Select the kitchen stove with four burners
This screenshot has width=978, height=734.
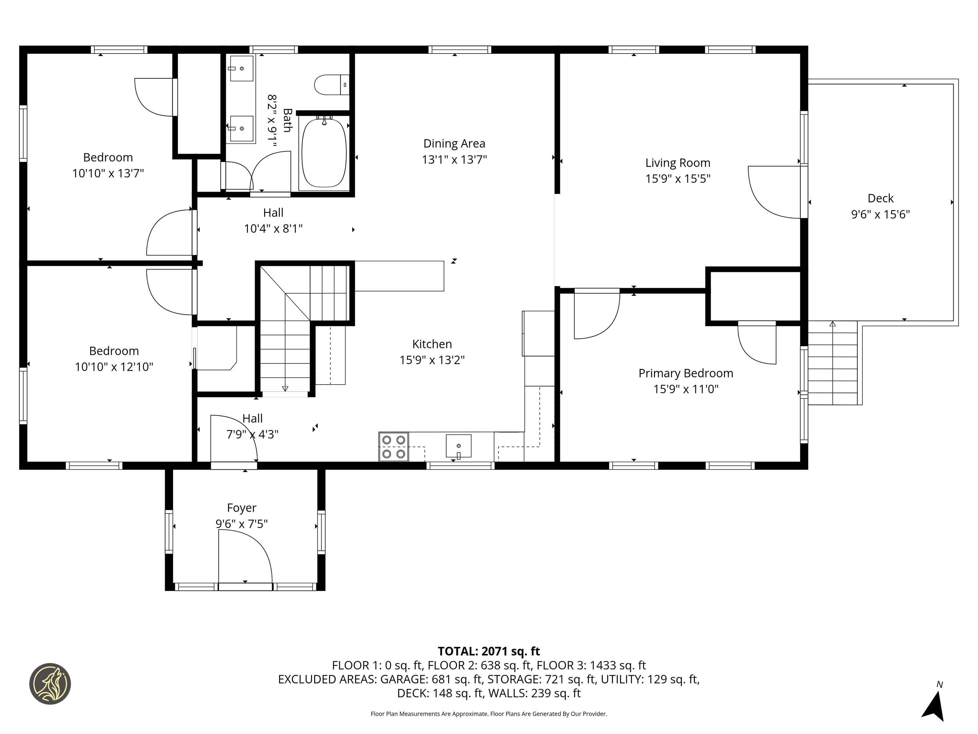pyautogui.click(x=394, y=447)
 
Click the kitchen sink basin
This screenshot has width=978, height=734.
pyautogui.click(x=458, y=446)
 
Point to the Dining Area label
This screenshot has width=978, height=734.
pyautogui.click(x=454, y=143)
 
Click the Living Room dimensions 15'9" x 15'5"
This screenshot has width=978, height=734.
pyautogui.click(x=678, y=178)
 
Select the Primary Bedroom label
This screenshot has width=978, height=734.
pyautogui.click(x=686, y=373)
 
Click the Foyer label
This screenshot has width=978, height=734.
pyautogui.click(x=241, y=508)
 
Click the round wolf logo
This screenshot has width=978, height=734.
pyautogui.click(x=50, y=684)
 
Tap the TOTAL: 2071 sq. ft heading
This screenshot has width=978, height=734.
pyautogui.click(x=489, y=651)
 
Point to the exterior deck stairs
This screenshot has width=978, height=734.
pyautogui.click(x=833, y=363)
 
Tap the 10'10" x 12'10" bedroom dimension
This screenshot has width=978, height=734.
pyautogui.click(x=114, y=367)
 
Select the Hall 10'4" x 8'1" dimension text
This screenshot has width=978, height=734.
pyautogui.click(x=273, y=229)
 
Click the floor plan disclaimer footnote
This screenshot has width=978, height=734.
pyautogui.click(x=489, y=714)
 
